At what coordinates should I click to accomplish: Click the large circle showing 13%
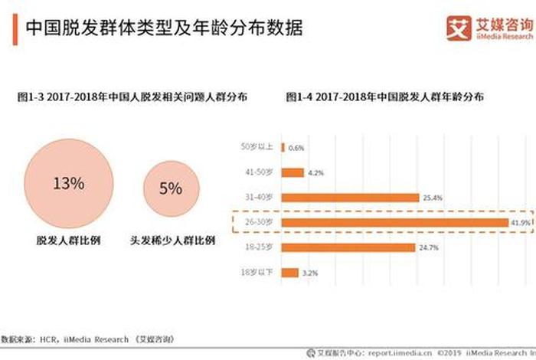[x=68, y=183]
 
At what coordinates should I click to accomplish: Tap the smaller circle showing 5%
[x=170, y=188]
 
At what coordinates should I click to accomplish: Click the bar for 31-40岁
[x=351, y=198]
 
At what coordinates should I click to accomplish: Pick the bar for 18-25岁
[x=349, y=247]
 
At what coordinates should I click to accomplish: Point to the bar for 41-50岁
[x=293, y=172]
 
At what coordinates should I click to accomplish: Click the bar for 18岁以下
[x=290, y=273]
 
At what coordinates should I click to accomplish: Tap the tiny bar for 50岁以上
[x=283, y=147]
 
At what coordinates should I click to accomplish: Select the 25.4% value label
[x=433, y=198]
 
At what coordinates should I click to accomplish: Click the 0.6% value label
[x=296, y=147]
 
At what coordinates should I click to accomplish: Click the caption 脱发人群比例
[x=67, y=240]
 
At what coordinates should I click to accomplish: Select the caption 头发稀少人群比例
[x=172, y=240]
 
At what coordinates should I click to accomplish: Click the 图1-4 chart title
[x=384, y=97]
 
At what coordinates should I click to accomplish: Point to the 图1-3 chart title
[x=132, y=97]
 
